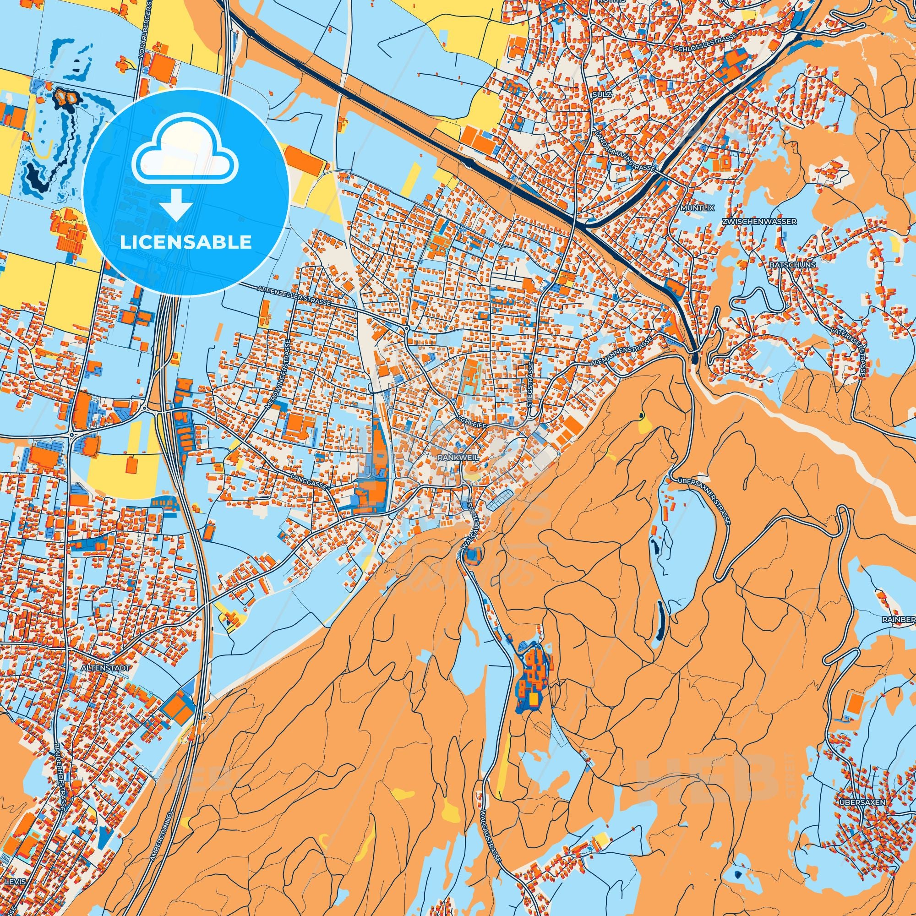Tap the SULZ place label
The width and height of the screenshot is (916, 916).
pos(602,95)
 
